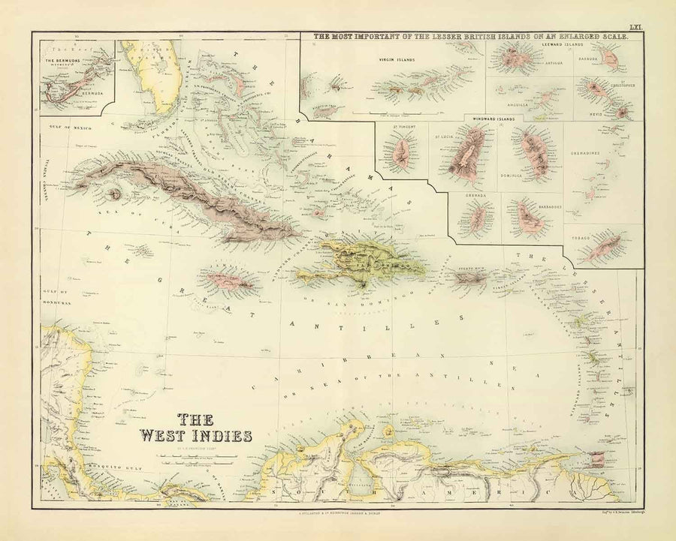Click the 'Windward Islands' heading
[493, 119]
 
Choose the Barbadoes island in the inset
[531, 218]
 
